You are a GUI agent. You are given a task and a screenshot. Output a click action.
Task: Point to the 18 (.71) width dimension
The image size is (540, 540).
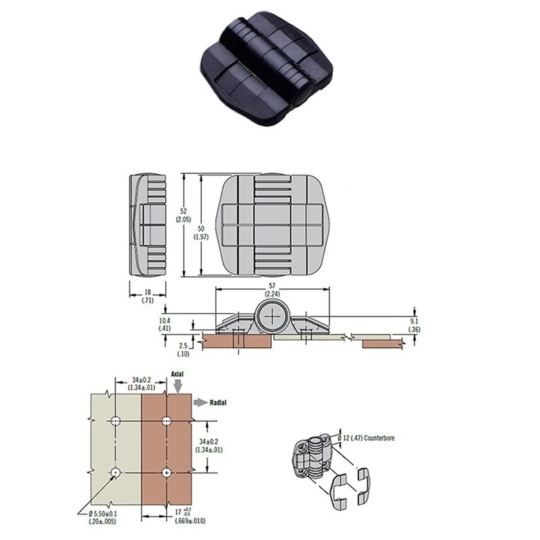click(x=146, y=296)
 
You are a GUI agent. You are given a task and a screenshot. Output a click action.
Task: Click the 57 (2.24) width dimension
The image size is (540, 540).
click(x=271, y=290)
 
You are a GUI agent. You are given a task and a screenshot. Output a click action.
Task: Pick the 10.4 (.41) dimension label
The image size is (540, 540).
click(x=164, y=323)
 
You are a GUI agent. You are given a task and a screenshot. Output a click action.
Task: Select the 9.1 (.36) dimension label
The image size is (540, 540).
click(x=414, y=325)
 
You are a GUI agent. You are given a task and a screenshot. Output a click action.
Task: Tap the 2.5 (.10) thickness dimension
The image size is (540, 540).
click(x=164, y=350)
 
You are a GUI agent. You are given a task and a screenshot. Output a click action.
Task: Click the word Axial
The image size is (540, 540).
click(x=178, y=373)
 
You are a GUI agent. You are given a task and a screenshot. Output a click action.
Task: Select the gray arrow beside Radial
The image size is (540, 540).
click(x=198, y=402)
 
